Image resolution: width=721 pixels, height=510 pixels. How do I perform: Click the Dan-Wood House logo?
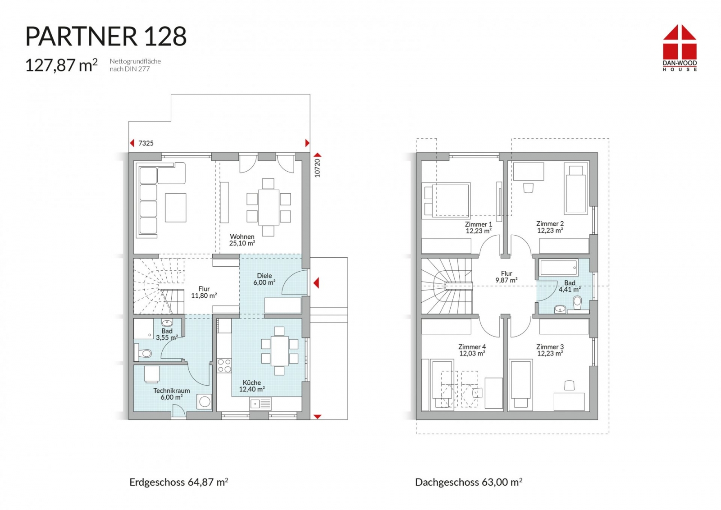(680, 48)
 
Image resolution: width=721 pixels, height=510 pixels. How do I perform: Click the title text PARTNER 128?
(106, 36)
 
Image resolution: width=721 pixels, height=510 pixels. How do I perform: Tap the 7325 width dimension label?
(146, 143)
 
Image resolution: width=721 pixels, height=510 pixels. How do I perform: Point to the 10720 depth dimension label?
(317, 168)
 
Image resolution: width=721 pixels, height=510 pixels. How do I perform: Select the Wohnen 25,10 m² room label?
(242, 240)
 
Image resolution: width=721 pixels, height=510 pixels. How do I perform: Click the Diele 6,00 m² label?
(264, 279)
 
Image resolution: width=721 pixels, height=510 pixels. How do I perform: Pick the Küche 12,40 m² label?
(252, 386)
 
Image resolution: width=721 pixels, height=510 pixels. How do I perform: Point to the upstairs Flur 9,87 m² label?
(507, 277)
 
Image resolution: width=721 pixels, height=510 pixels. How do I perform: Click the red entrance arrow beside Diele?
(316, 283)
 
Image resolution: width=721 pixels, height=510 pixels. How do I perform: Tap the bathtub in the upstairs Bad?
(559, 267)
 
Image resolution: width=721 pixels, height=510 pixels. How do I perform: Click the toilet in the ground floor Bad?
(143, 353)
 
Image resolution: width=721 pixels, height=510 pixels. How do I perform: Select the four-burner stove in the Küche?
(224, 365)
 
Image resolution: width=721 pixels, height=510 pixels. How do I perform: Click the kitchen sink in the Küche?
(260, 404)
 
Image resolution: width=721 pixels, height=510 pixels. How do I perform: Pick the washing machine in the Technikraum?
(205, 401)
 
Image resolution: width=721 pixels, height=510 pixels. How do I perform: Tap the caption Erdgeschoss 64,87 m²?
(178, 482)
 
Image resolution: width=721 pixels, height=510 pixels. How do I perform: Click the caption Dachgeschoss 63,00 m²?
(469, 482)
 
